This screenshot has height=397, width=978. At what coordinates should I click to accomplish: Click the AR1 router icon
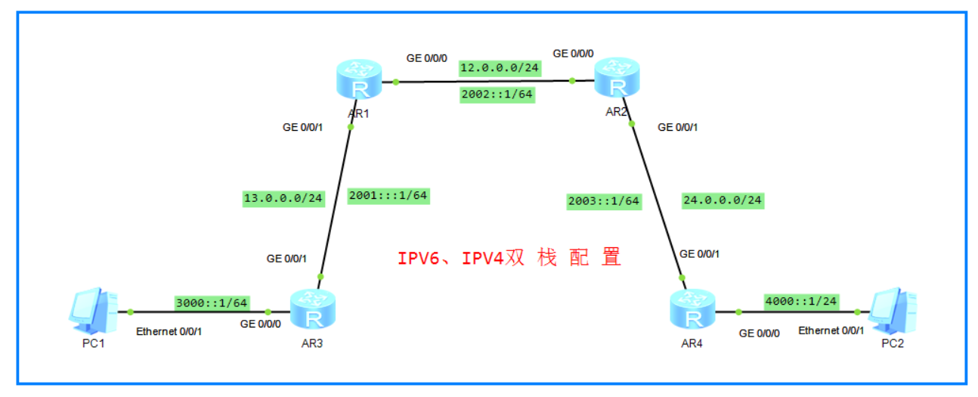[x=359, y=80]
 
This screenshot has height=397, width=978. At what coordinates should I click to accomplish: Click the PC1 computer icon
[x=93, y=311]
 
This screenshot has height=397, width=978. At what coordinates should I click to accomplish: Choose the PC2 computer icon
[x=897, y=311]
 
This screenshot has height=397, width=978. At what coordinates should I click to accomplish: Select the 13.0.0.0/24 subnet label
[x=283, y=199]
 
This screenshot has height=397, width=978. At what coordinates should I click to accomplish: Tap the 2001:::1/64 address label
[x=388, y=196]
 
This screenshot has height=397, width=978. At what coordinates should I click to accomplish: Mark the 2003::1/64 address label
[x=604, y=201]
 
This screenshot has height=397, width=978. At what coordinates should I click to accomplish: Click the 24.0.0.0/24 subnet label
[x=722, y=201]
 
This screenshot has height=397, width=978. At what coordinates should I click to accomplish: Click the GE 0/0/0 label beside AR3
[x=260, y=324]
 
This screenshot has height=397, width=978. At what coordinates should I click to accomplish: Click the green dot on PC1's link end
[x=131, y=312]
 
